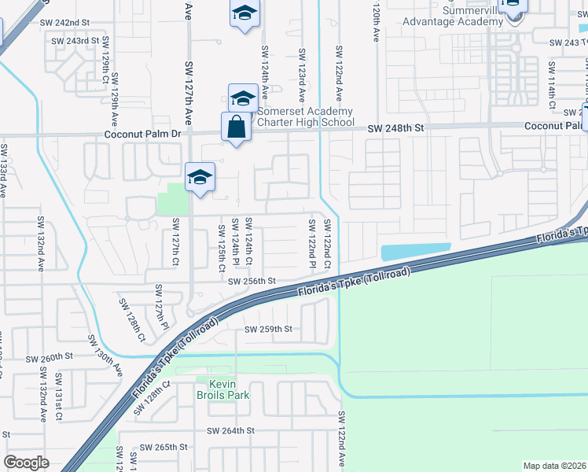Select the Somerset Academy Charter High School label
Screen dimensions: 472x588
tap(306, 116)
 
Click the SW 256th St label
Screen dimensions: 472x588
tap(252, 281)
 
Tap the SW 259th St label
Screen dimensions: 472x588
tap(268, 329)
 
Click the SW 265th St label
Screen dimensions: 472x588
tap(164, 446)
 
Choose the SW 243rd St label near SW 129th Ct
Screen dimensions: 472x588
tap(76, 40)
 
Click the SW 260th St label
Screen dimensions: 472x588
tap(49, 357)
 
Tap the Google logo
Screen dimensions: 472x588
tap(26, 462)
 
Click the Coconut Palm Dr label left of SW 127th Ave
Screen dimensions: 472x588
tap(142, 135)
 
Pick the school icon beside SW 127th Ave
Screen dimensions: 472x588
tap(200, 176)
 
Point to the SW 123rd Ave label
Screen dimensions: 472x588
tap(302, 74)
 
